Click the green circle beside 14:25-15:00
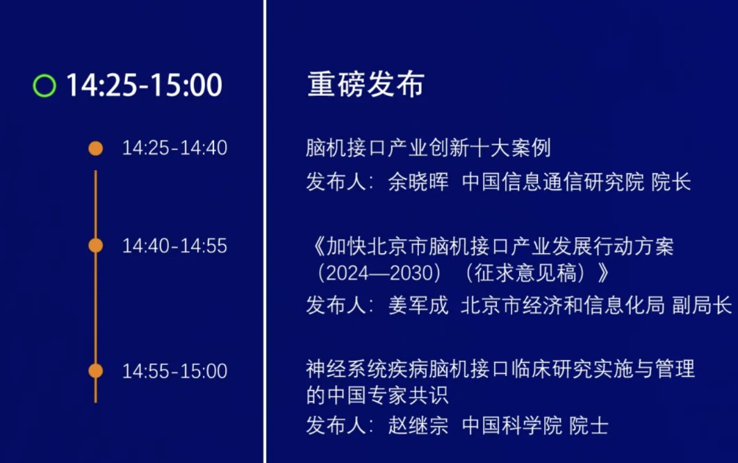point(44,86)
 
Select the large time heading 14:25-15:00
point(144,86)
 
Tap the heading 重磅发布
point(366,85)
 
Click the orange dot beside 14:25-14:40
point(96,148)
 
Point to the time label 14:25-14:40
point(174,148)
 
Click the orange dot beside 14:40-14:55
point(96,245)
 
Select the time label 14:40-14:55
point(174,245)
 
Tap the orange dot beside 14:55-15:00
point(96,371)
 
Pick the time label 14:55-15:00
point(174,371)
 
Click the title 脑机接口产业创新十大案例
point(428,148)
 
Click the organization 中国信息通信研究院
point(553,182)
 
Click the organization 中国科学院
point(512,425)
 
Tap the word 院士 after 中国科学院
point(589,425)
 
